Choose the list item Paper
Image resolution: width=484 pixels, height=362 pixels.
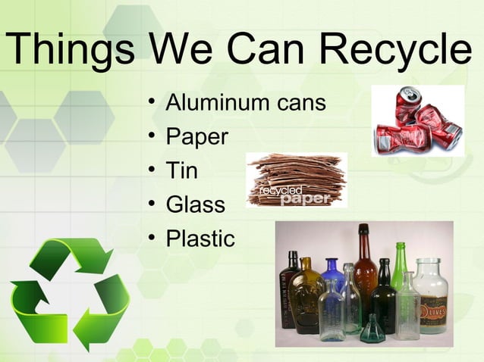point(196,137)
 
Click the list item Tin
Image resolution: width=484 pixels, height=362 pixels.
point(182,170)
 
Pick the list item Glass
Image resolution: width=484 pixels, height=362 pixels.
point(196,204)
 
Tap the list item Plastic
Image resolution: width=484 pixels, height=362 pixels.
point(200,239)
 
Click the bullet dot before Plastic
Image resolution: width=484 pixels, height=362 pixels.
point(152,239)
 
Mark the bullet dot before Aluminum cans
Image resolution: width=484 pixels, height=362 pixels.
point(152,101)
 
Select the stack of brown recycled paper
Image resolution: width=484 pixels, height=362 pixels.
point(296,178)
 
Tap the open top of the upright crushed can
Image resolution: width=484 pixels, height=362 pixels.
point(410,95)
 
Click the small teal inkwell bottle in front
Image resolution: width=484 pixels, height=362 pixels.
point(372,330)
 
